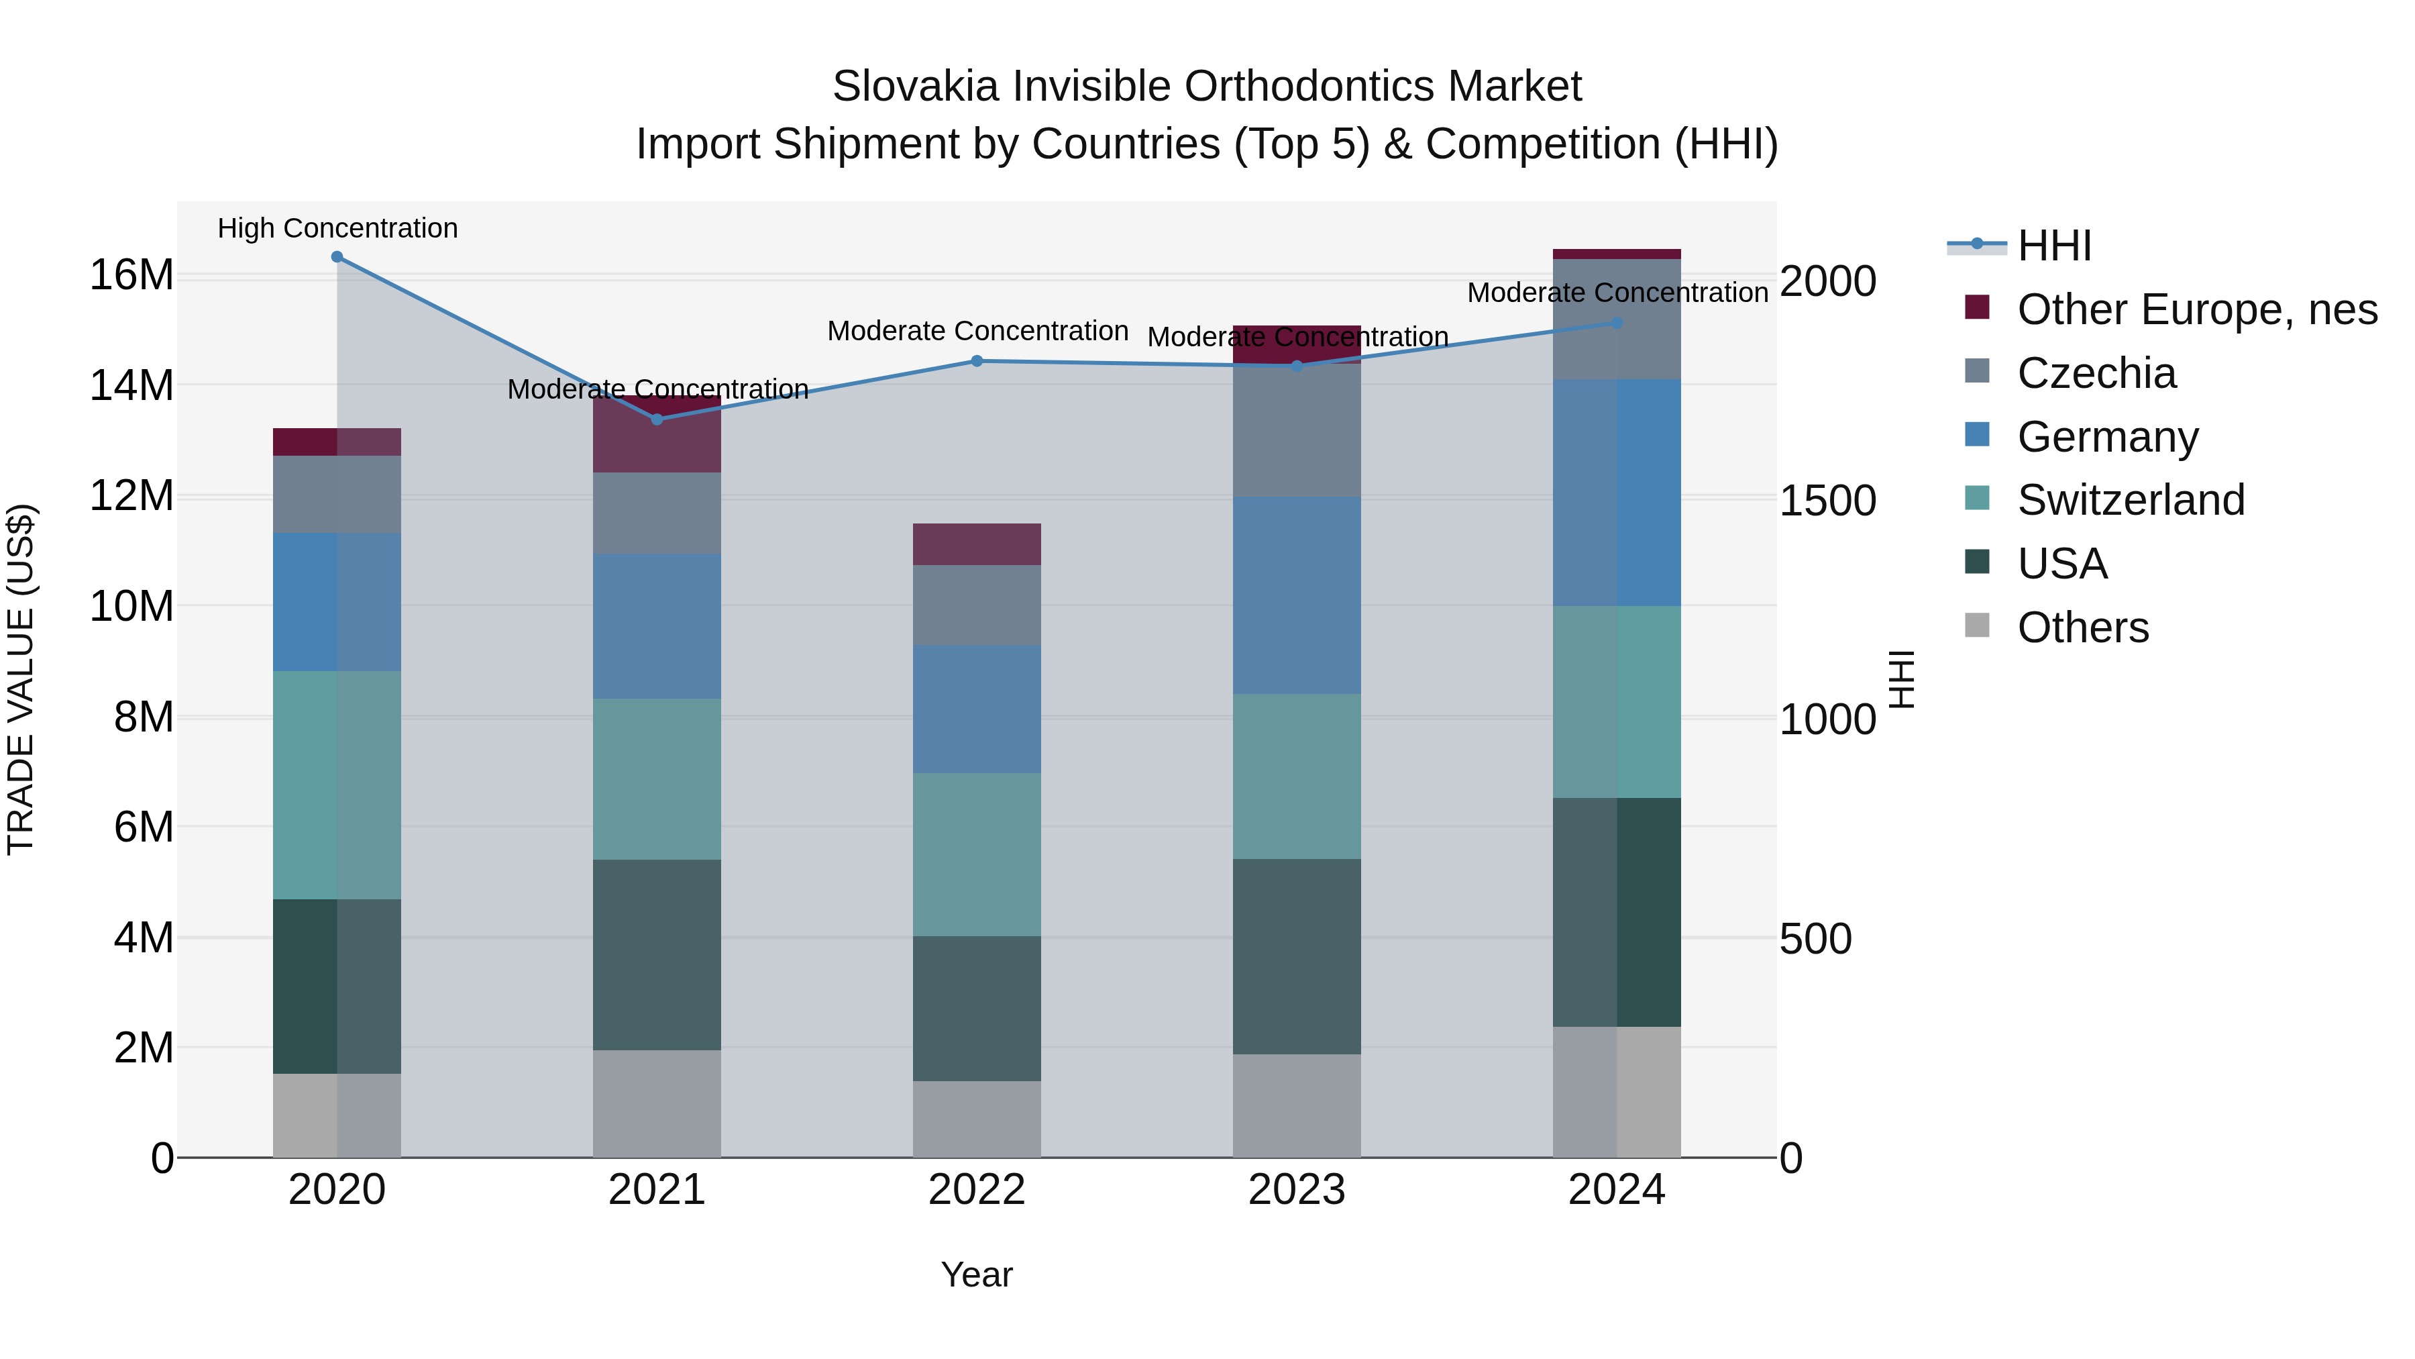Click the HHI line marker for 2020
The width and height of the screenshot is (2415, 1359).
click(337, 257)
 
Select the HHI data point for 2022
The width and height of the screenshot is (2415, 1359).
click(976, 361)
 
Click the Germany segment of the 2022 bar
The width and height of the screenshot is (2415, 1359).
click(976, 709)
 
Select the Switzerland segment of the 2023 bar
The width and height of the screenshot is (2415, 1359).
click(1297, 776)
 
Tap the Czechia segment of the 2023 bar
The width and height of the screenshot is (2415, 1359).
click(1297, 432)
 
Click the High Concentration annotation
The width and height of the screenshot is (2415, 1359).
click(337, 229)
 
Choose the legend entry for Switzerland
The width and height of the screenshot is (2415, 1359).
click(2130, 500)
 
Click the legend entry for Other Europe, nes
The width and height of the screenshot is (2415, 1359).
click(2196, 309)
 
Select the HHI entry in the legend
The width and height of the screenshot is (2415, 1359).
click(2053, 246)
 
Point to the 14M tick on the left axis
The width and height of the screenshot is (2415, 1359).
click(131, 385)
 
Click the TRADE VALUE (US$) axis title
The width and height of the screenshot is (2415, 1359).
click(21, 679)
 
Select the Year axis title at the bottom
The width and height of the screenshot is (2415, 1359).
click(976, 1274)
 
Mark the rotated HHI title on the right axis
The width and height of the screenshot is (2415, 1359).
click(1901, 679)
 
